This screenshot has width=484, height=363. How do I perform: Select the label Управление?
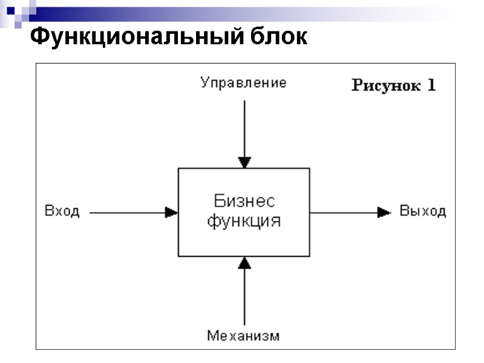click(243, 83)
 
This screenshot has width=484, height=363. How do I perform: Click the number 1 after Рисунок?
click(431, 85)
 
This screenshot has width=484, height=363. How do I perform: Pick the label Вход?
click(62, 212)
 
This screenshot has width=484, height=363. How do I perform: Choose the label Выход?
click(423, 211)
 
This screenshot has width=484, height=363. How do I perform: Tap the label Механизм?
click(243, 335)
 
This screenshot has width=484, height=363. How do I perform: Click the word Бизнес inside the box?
click(244, 201)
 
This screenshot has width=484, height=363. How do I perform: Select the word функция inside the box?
click(244, 221)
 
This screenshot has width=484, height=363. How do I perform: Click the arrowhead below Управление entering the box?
click(244, 162)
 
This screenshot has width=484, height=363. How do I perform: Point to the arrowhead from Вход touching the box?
click(172, 212)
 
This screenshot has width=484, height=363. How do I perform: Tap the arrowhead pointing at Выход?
click(384, 212)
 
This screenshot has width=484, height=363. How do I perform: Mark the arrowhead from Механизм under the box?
click(244, 262)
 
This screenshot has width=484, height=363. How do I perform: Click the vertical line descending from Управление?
click(244, 127)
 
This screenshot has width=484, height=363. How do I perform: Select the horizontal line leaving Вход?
click(127, 212)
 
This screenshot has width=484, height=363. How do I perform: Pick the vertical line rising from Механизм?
click(244, 296)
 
